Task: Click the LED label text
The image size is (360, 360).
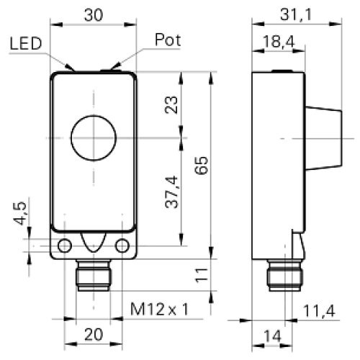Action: point(26,43)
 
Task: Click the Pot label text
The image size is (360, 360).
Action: point(168,40)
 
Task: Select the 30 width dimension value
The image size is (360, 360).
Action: point(94,15)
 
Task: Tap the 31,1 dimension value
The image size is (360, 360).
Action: point(296,14)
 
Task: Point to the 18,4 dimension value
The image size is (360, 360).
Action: point(279,41)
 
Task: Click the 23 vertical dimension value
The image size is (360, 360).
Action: point(171,105)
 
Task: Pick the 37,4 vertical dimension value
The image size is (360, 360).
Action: point(172,192)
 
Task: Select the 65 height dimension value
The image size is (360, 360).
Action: point(201,166)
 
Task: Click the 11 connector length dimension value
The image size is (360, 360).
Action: point(201,275)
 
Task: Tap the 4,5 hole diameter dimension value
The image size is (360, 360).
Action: point(19,213)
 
